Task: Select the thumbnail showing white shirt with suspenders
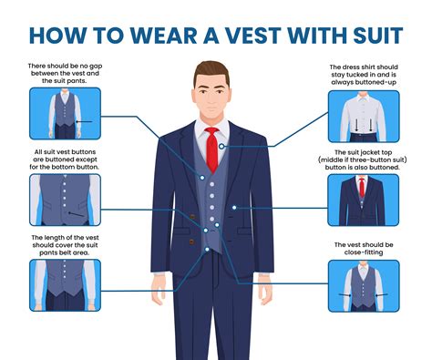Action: pos(362,114)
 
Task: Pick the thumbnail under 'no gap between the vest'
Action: pos(64,112)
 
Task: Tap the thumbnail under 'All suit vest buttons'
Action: pos(64,199)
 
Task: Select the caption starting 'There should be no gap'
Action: pos(64,74)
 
